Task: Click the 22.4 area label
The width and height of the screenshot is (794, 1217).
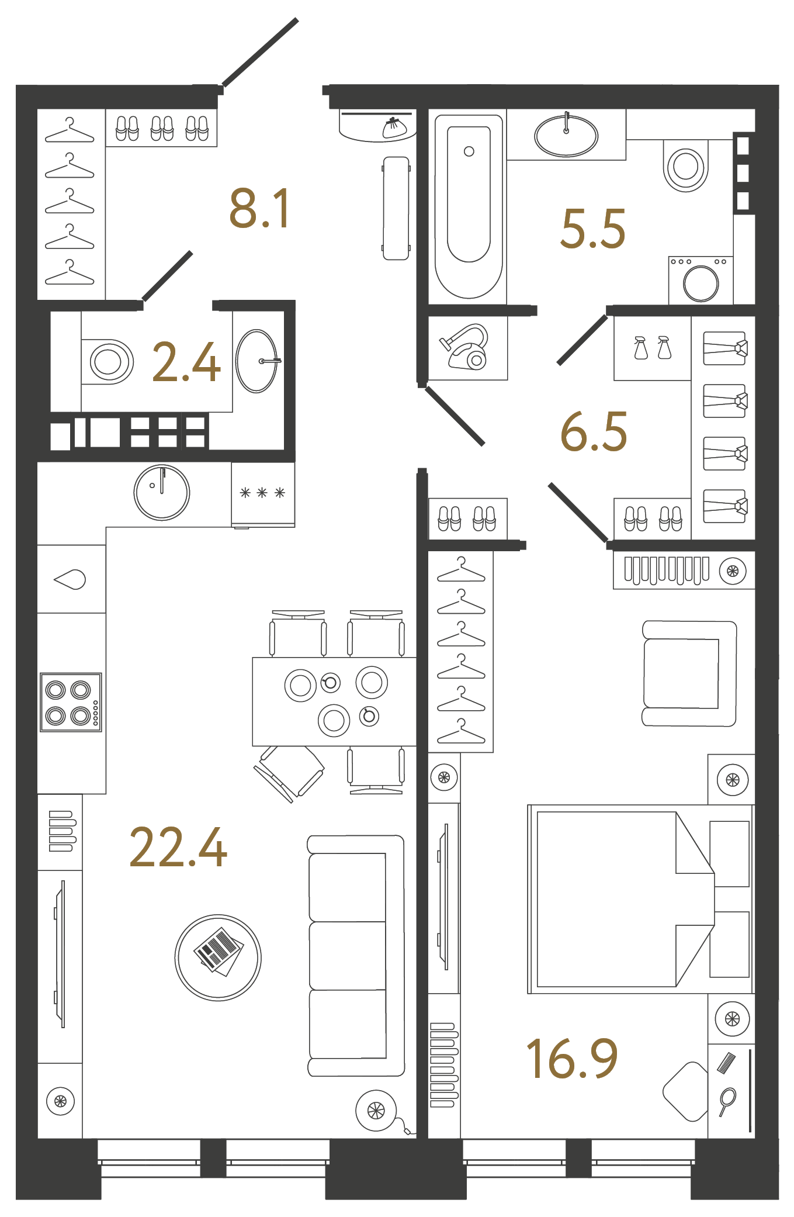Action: [178, 847]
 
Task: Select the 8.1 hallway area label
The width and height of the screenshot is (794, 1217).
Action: [259, 209]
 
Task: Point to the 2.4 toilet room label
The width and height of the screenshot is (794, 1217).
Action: [186, 362]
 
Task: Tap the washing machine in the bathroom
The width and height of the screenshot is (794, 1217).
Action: [701, 281]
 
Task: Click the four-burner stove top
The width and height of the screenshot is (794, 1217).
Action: [71, 702]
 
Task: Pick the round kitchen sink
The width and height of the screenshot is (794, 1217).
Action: [162, 492]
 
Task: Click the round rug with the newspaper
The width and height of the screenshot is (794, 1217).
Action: [218, 957]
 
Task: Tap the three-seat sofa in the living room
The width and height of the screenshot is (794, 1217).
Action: [355, 956]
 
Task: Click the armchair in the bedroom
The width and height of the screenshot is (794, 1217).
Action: [688, 673]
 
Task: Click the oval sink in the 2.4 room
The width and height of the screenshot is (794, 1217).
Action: [256, 361]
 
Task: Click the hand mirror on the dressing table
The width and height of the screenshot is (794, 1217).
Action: [727, 1101]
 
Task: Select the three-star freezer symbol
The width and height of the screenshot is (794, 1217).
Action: [262, 493]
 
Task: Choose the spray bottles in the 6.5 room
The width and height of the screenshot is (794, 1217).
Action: [652, 348]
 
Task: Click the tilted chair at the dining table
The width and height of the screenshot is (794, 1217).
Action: [289, 772]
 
